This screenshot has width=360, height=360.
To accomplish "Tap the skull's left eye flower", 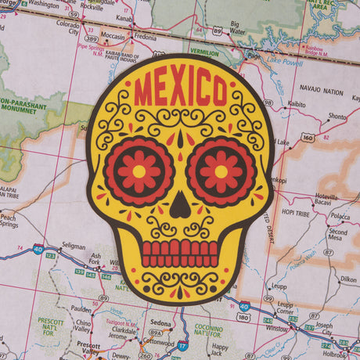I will (139, 171).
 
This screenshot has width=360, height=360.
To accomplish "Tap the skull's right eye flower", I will (221, 171).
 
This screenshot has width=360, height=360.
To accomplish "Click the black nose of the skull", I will (180, 206).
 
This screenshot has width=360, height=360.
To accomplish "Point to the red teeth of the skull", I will (180, 254).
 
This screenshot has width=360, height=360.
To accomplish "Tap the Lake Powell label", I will (283, 60).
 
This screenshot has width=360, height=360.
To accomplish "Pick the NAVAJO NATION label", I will (322, 92).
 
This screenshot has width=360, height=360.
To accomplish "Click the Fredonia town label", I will (145, 36).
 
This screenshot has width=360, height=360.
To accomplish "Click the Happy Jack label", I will (221, 349).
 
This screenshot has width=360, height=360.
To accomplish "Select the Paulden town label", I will (80, 308).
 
